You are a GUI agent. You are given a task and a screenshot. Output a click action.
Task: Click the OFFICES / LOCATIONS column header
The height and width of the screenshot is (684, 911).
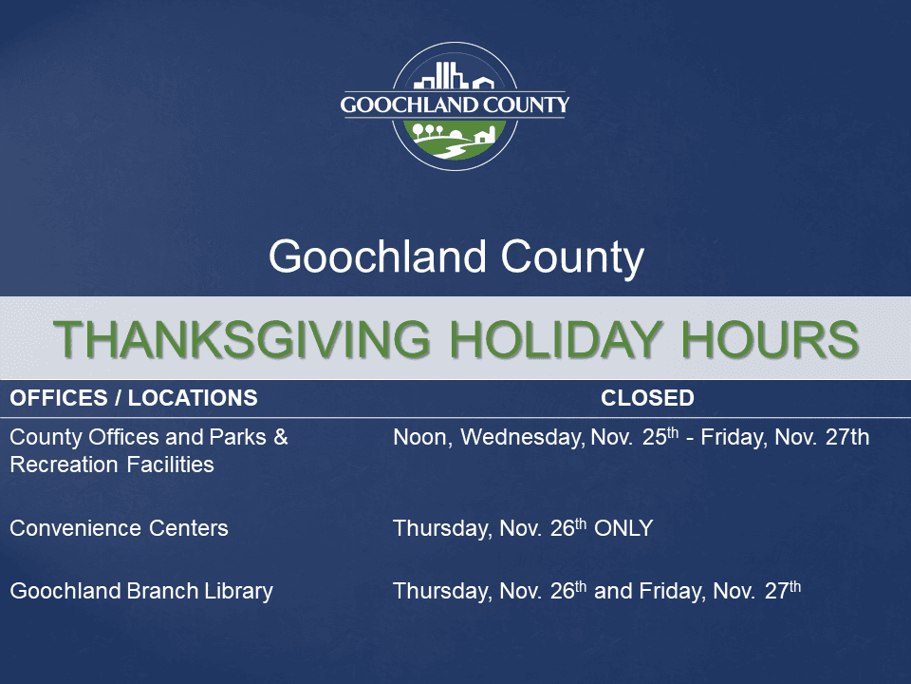(133, 398)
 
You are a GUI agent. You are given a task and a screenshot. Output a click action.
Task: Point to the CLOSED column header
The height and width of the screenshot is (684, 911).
(647, 398)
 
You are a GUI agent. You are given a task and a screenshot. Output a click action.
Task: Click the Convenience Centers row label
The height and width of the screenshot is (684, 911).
(119, 528)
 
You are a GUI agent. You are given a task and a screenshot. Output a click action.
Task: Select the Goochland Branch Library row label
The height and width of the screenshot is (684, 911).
(141, 591)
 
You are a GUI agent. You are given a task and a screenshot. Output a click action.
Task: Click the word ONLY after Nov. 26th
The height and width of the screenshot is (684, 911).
(623, 528)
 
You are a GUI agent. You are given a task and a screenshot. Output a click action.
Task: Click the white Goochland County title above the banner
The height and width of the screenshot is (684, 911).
(455, 257)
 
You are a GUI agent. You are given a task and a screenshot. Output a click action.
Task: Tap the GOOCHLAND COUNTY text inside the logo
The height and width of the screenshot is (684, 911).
(455, 104)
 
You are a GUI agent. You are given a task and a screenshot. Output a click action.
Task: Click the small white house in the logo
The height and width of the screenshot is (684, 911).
(485, 135)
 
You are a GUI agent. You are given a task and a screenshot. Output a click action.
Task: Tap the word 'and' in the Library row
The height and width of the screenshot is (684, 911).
(613, 591)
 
